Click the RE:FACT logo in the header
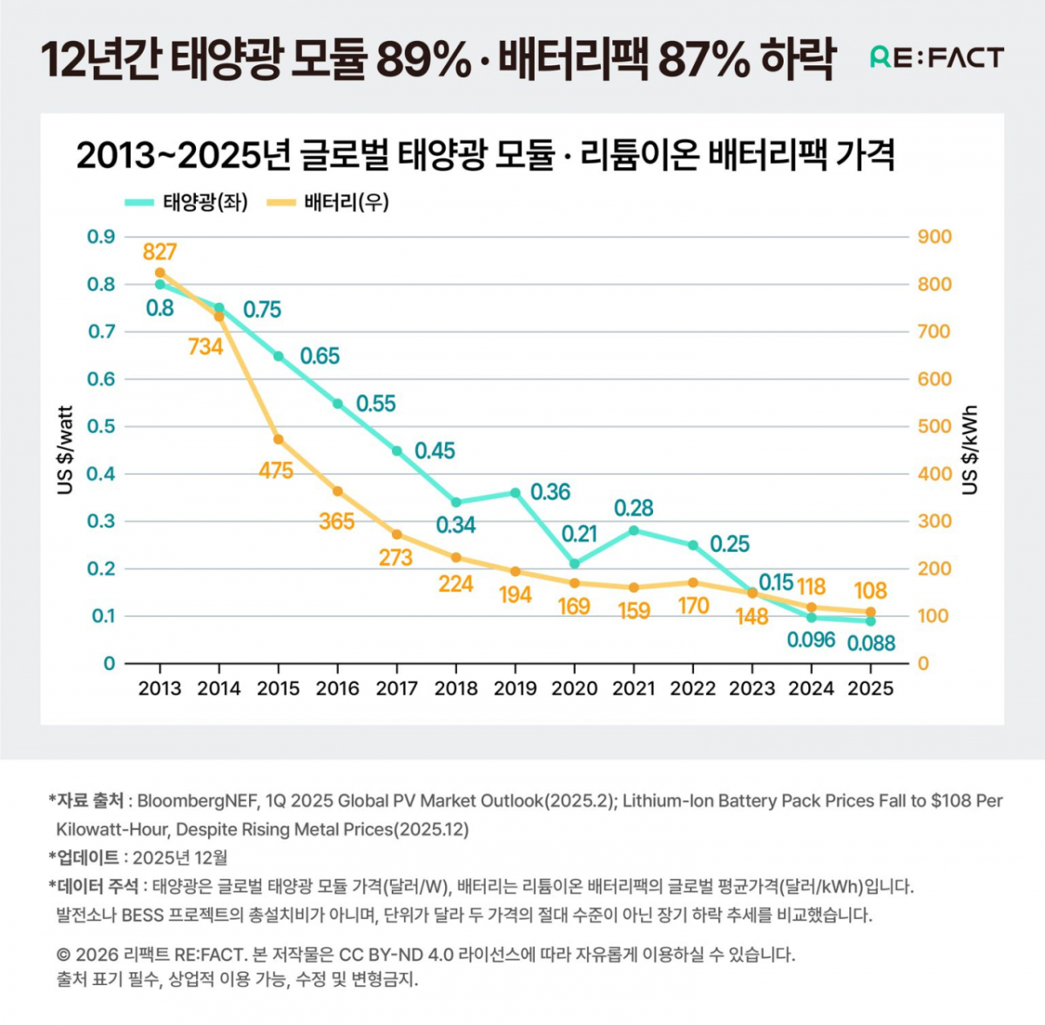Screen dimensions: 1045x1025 [936, 57]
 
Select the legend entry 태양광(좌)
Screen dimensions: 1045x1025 [186, 203]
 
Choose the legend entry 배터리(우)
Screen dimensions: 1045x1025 [328, 203]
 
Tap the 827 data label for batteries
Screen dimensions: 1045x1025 [160, 252]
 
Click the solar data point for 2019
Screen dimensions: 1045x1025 [516, 492]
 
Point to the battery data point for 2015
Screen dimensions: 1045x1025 [278, 439]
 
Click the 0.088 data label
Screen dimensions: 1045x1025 [871, 643]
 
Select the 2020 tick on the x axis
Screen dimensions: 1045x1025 [574, 688]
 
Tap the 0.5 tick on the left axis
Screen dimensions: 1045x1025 [101, 426]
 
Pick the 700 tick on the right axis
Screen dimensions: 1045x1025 [934, 332]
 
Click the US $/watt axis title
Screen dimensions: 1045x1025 [64, 450]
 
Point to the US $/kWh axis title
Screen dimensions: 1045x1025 [970, 450]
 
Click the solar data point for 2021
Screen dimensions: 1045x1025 [634, 531]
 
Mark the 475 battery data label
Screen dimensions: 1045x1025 [275, 471]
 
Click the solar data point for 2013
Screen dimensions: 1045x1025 [160, 284]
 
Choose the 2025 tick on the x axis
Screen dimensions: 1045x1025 [870, 688]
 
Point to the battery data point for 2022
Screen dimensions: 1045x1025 [693, 582]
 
